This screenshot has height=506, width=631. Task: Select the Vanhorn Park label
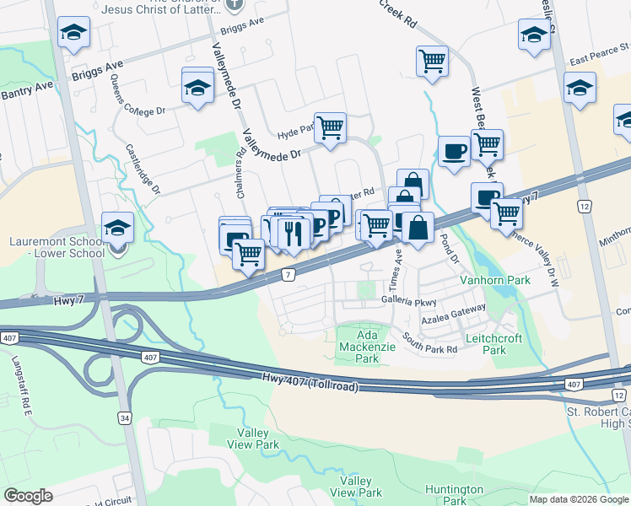point(493,279)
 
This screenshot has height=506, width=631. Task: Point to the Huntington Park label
point(454,494)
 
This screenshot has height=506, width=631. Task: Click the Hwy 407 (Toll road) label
point(310,382)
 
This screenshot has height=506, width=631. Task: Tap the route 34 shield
point(125,417)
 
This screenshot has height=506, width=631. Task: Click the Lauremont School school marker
point(117,228)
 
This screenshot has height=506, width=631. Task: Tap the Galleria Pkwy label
point(409,300)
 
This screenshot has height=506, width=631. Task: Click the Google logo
point(28,496)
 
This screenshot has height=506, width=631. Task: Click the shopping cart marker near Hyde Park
point(330,127)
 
